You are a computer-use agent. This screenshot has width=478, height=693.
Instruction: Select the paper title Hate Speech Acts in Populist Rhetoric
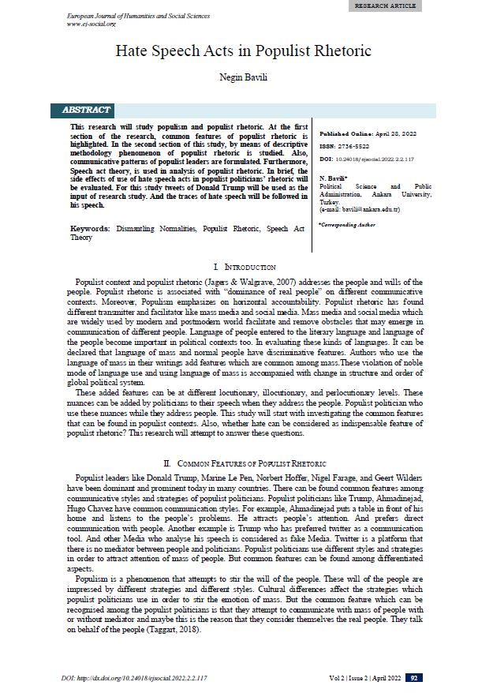[238, 51]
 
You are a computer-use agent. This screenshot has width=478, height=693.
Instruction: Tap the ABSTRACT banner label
[87, 110]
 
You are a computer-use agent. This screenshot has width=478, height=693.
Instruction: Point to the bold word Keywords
[89, 228]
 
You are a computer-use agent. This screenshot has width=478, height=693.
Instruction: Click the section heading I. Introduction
[239, 268]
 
